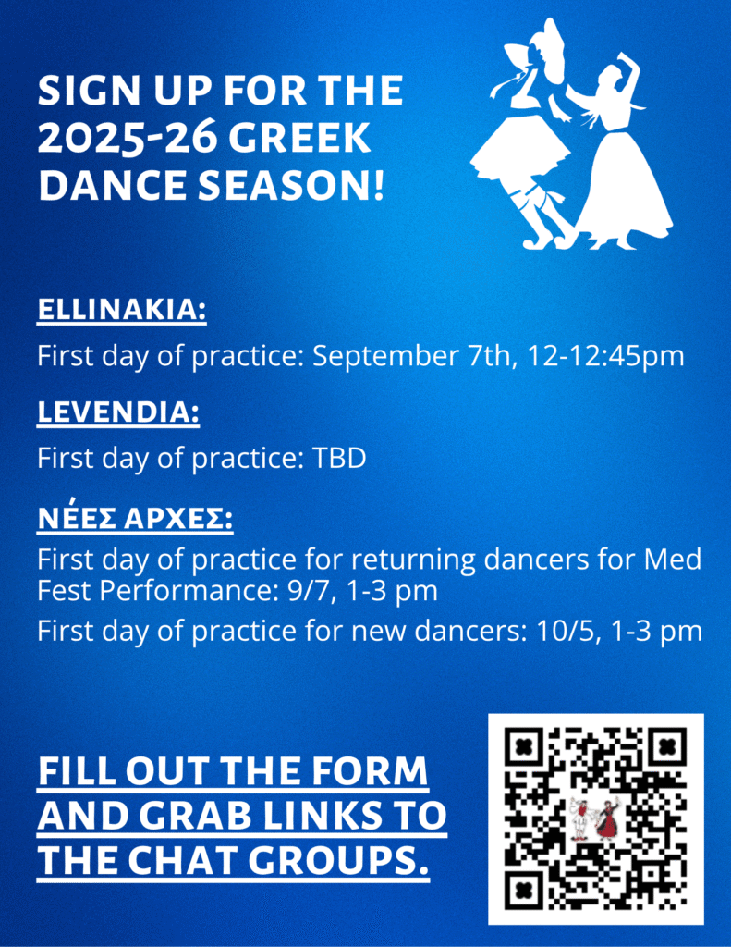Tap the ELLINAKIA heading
pos(122,310)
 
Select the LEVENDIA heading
pos(118,412)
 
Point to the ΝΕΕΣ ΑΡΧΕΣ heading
pos(135,518)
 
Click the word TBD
pos(338,459)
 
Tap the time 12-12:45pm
pos(605,356)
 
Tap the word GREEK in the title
pos(299,138)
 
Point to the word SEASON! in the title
pos(291,185)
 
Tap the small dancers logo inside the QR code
pos(596,818)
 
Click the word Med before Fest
pos(673,560)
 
